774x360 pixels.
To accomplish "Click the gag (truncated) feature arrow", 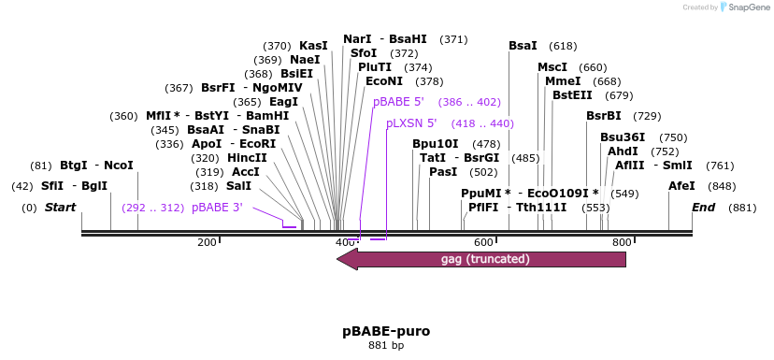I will [x=481, y=259].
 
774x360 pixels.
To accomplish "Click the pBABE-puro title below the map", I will [x=386, y=332].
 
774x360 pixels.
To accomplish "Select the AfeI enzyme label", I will [x=681, y=186].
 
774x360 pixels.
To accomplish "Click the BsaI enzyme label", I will [x=523, y=46].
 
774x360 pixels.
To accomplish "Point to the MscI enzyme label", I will [x=552, y=67].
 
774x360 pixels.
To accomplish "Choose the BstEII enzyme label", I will [x=572, y=95].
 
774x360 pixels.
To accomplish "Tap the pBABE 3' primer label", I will [x=217, y=208].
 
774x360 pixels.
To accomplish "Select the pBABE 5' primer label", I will [x=398, y=102].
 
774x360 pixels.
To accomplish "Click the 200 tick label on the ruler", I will [x=207, y=243].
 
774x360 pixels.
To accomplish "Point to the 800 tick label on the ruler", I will [x=622, y=243].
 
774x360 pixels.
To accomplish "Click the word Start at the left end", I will [x=60, y=208].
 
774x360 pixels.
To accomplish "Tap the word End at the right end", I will [x=704, y=208].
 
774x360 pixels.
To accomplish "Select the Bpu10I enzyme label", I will [x=436, y=144].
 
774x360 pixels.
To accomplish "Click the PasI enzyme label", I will [x=443, y=172].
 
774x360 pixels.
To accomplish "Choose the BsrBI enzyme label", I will [x=603, y=116].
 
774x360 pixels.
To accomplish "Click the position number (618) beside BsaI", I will [x=563, y=46].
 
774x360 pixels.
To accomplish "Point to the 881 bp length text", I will [x=386, y=346].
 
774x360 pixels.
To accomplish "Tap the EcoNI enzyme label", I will [x=384, y=81].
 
